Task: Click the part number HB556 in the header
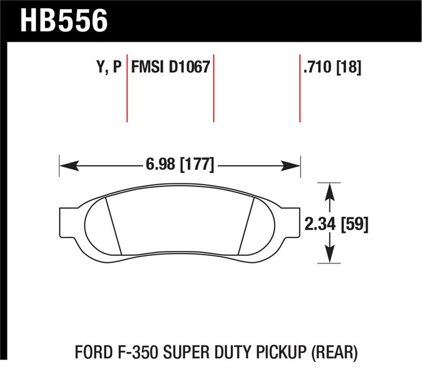(64, 21)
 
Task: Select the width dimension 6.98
(160, 165)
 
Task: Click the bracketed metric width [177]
(197, 165)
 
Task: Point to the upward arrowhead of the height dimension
(330, 190)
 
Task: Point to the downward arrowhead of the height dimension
(330, 257)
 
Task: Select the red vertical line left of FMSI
(127, 87)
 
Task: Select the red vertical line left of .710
(300, 87)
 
